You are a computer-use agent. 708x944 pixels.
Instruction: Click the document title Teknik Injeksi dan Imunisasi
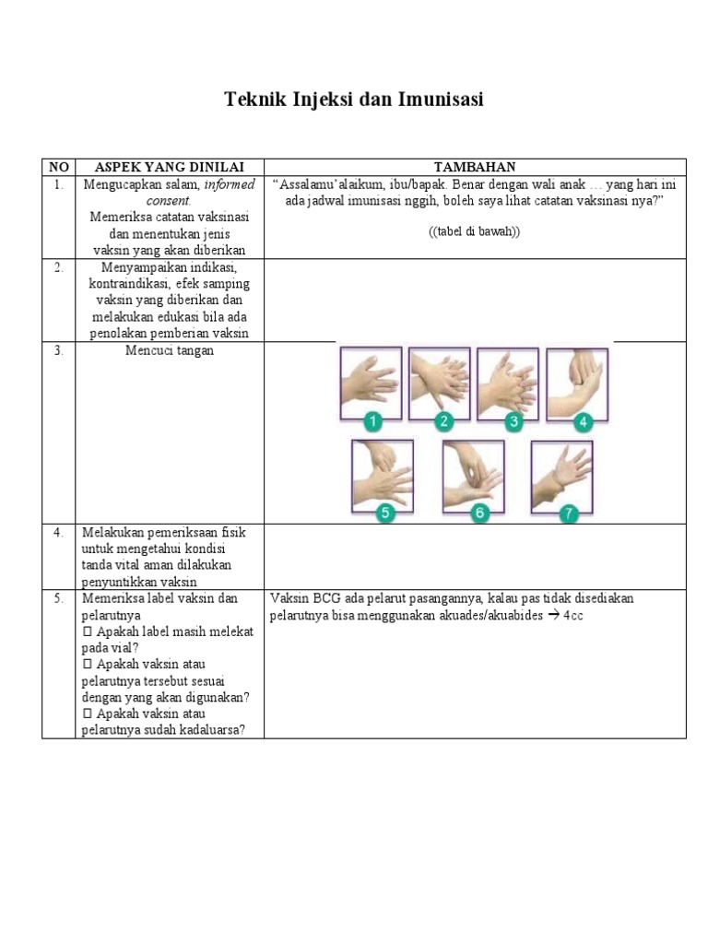(x=354, y=100)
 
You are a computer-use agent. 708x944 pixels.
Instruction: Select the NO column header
(x=58, y=167)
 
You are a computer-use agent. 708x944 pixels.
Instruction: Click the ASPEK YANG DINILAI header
(x=169, y=167)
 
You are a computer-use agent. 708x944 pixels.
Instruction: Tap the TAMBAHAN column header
(x=475, y=167)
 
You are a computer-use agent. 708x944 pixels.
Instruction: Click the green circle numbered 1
(x=372, y=422)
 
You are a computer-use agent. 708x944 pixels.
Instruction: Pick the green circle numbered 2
(x=443, y=422)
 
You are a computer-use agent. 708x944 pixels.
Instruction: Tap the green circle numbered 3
(x=513, y=422)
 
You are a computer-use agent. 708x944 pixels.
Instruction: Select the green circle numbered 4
(x=582, y=422)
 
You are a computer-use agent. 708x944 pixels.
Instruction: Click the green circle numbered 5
(x=383, y=513)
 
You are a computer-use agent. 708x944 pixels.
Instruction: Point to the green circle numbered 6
(x=478, y=513)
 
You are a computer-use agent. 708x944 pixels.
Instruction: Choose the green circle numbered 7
(x=568, y=513)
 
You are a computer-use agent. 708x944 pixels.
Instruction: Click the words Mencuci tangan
(x=169, y=351)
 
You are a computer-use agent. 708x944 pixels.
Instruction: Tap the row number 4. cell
(x=58, y=533)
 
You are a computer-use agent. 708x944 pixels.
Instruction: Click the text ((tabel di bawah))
(x=474, y=232)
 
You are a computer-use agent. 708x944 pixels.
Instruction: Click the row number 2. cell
(x=58, y=267)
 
